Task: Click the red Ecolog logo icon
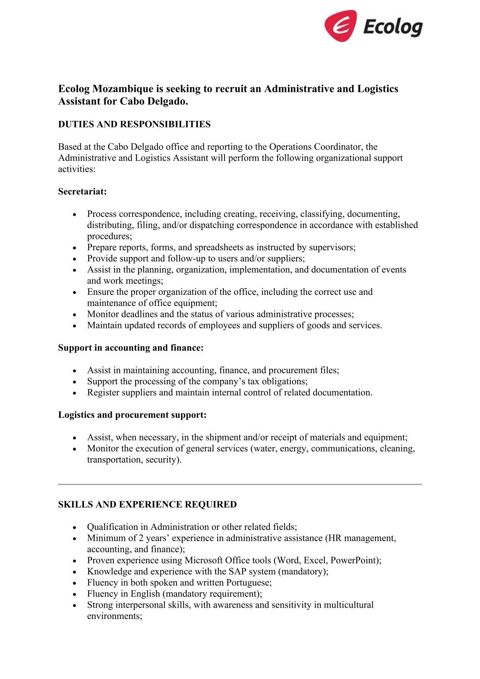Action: (340, 26)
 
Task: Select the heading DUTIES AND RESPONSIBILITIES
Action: (134, 124)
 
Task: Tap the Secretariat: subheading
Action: (82, 191)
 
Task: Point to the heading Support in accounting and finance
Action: (131, 348)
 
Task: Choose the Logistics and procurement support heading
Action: (132, 415)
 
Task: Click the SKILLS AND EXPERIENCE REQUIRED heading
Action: (147, 504)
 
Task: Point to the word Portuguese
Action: (248, 583)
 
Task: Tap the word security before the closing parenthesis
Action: (161, 460)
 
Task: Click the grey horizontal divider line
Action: (240, 484)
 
